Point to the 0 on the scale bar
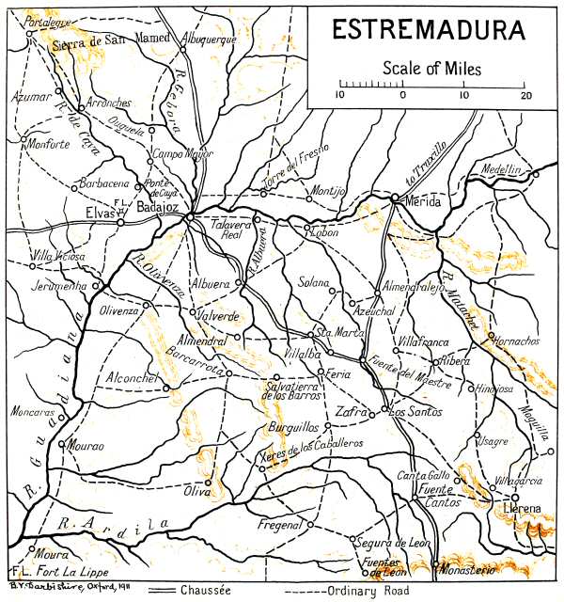click(402, 95)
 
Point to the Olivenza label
click(117, 309)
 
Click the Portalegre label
click(48, 20)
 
